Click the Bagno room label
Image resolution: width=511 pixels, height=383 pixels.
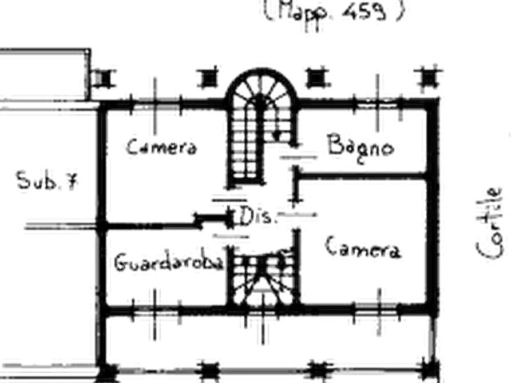pyautogui.click(x=361, y=148)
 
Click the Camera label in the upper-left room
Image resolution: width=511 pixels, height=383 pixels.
pyautogui.click(x=161, y=147)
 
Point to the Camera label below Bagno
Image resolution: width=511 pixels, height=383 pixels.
pyautogui.click(x=363, y=248)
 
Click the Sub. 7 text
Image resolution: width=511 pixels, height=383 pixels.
pyautogui.click(x=47, y=180)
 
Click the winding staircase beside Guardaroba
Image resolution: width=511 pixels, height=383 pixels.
pyautogui.click(x=263, y=277)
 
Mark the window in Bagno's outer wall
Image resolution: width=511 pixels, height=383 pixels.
pyautogui.click(x=378, y=104)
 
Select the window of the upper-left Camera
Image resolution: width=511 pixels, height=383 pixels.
pyautogui.click(x=156, y=104)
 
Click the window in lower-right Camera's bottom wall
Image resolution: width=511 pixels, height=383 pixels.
pyautogui.click(x=377, y=309)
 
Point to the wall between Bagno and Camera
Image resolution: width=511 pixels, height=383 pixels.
pyautogui.click(x=362, y=176)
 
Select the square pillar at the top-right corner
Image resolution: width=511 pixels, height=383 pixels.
pyautogui.click(x=429, y=78)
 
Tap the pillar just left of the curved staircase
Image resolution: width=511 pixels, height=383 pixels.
pyautogui.click(x=208, y=78)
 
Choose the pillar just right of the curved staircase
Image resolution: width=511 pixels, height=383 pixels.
pyautogui.click(x=315, y=78)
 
